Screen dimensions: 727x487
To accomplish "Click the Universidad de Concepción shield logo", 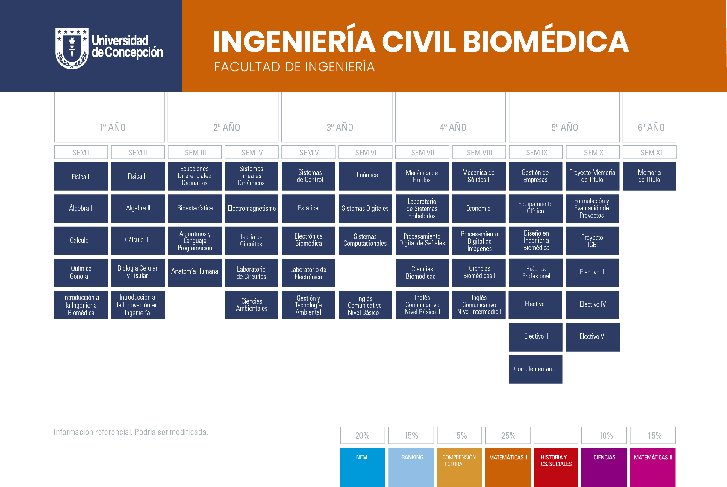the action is pos(72,48).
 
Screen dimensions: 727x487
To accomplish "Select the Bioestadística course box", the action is pos(195,208).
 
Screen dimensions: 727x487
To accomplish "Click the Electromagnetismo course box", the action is pos(252,208).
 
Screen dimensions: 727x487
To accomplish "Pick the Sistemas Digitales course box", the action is pos(365,208).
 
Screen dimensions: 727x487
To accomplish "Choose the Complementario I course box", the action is pos(536,369).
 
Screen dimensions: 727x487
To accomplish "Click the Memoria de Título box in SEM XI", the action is pos(650,176).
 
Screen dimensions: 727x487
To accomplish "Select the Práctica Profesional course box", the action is pos(536,273).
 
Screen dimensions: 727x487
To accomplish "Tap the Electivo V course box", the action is pos(593,337).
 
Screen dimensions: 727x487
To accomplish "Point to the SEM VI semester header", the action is pos(365,152).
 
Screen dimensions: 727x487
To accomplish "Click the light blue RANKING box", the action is pos(411,468).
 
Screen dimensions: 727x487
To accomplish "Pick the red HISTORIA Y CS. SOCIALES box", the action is pos(556,468).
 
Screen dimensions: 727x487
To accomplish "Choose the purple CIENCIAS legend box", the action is pos(604,468).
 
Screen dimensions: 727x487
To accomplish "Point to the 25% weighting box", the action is pos(508,436).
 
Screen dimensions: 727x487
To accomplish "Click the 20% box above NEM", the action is pos(363,436).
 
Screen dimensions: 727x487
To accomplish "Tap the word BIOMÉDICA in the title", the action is pos(546,41).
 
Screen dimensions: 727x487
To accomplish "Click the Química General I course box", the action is pos(81,273).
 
